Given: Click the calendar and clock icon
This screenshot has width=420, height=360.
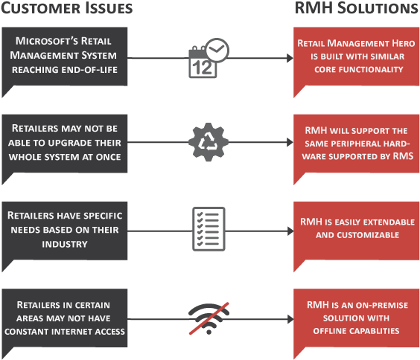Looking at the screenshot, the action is point(209,58).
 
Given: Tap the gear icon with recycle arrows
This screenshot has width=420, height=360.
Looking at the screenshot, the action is point(209,142).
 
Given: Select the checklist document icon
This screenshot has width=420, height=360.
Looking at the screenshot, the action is point(209,229).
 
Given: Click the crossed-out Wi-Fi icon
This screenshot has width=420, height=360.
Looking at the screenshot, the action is point(209,318).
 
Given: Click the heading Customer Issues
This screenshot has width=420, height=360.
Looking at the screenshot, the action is point(67,8).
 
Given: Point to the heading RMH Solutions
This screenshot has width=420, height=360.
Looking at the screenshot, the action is point(356,8).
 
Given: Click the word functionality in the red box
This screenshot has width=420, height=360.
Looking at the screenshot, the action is point(372,69).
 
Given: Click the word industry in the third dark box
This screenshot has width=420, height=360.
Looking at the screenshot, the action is point(65,244).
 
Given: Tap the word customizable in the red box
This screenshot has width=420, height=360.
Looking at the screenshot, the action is point(368,235).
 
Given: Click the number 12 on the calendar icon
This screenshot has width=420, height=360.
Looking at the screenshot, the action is point(203,68).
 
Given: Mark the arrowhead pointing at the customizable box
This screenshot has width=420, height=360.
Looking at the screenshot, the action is point(290,231).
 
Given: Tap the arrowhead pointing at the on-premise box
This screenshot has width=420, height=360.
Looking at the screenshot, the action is point(290,319).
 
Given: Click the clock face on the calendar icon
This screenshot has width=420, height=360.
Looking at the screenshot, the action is point(217,51).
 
